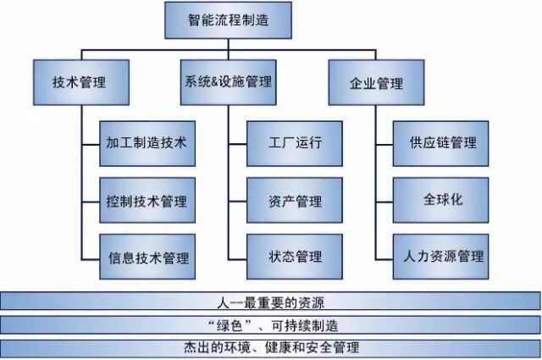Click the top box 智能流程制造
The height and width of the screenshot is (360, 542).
click(228, 19)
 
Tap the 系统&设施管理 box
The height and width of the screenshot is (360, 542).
click(229, 82)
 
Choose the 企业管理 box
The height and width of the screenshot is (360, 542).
click(376, 83)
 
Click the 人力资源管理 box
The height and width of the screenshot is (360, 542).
click(441, 256)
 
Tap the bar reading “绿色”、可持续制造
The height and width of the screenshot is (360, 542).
click(271, 325)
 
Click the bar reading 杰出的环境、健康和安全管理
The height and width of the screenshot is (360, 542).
click(271, 347)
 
